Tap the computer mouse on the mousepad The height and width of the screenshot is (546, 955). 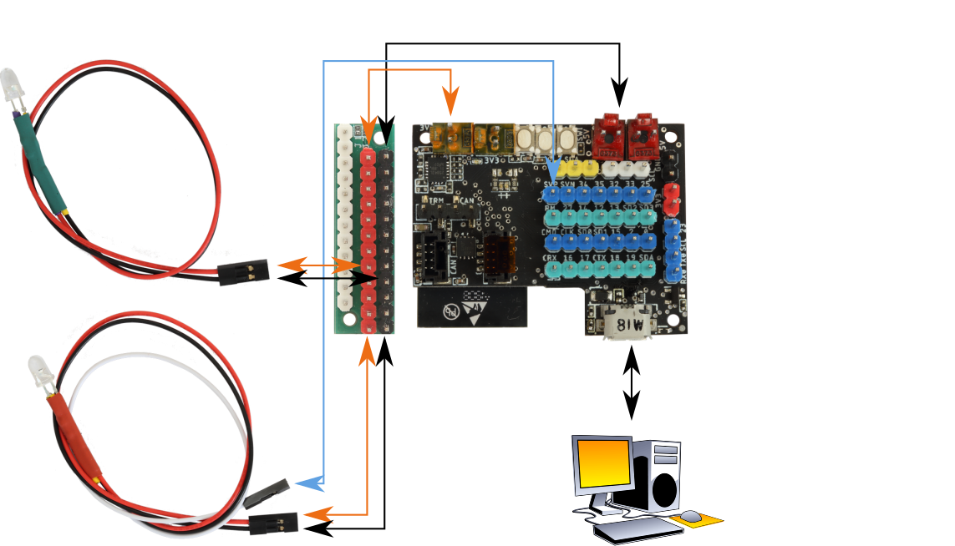pyautogui.click(x=689, y=515)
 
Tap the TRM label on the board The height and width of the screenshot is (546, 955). pyautogui.click(x=435, y=200)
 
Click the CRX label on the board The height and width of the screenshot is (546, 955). pyautogui.click(x=550, y=258)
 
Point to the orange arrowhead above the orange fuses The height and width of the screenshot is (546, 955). pyautogui.click(x=450, y=105)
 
